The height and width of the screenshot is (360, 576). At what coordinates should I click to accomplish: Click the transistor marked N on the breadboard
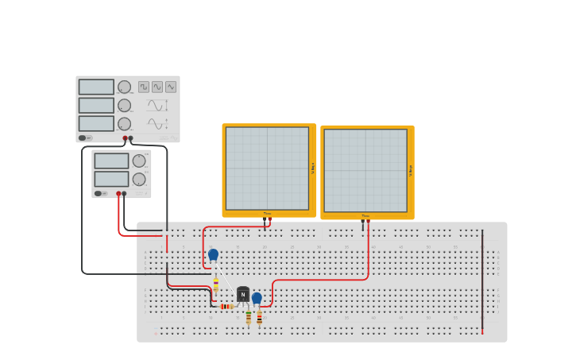(243, 295)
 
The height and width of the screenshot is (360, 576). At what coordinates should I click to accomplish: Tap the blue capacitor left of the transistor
(213, 254)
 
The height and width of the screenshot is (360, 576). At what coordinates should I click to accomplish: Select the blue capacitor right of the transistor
(257, 298)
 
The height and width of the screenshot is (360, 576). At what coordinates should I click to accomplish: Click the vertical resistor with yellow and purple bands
(215, 285)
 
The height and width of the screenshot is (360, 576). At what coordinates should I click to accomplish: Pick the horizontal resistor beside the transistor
(226, 306)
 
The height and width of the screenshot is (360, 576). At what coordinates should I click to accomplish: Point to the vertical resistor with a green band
(248, 317)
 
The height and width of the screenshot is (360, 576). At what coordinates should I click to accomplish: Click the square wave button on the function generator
(144, 87)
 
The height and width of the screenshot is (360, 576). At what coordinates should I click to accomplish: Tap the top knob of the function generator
(125, 87)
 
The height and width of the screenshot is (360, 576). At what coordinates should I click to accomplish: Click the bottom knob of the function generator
(125, 124)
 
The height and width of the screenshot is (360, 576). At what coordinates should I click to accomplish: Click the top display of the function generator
(96, 87)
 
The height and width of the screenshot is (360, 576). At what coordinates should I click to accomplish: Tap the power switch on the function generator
(83, 137)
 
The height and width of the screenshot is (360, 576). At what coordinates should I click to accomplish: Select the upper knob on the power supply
(139, 161)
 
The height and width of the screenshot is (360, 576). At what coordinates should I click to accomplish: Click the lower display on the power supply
(111, 179)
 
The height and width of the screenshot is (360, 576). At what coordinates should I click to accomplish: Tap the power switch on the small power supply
(99, 193)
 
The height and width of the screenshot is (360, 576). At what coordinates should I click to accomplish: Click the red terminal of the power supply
(118, 193)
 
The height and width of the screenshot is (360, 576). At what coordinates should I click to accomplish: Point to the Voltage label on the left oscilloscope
(313, 168)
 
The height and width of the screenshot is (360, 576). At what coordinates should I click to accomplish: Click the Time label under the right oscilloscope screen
(365, 215)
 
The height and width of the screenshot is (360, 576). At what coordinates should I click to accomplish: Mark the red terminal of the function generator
(125, 138)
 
